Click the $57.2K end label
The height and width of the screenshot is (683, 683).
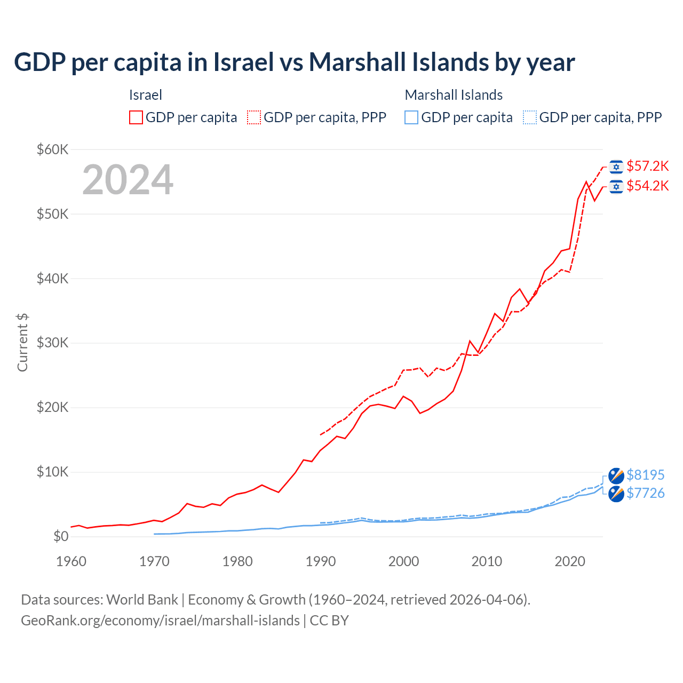(647, 166)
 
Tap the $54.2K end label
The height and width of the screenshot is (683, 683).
(647, 186)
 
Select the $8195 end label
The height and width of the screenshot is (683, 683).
(645, 475)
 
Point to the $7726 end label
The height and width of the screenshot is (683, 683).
(645, 493)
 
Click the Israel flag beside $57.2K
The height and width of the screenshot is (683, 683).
(616, 167)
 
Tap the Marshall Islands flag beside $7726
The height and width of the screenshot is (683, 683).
(616, 494)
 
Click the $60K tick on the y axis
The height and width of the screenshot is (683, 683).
(52, 149)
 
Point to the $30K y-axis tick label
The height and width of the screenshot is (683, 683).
(52, 343)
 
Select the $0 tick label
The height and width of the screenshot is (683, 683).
(61, 536)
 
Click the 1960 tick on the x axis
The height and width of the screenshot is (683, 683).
(71, 561)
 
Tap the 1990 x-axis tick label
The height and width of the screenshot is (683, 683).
(321, 561)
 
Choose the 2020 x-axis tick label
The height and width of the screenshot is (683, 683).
(570, 561)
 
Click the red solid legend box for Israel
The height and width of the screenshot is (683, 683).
(136, 117)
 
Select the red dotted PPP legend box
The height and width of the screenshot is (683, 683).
(254, 117)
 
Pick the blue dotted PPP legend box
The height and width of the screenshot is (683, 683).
(530, 117)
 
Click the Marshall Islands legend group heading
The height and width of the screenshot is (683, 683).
(454, 95)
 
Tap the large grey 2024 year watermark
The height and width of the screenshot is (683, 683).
(128, 180)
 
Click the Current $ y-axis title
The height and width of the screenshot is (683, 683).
(22, 343)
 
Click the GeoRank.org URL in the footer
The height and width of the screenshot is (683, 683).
(160, 621)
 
